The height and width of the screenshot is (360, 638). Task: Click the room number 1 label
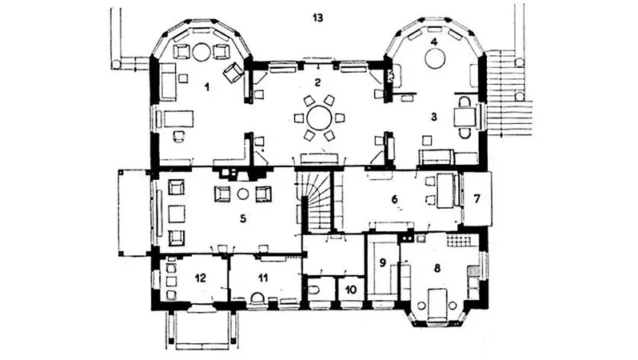(207, 86)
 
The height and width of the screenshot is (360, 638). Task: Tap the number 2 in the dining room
(317, 82)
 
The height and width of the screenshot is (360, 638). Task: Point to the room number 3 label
(434, 118)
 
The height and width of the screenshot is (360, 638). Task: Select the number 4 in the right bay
(434, 42)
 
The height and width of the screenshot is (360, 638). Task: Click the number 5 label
(243, 218)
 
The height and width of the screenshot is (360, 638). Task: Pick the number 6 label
(394, 199)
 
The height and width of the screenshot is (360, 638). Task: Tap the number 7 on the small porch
(477, 199)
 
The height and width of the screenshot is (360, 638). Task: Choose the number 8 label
(437, 268)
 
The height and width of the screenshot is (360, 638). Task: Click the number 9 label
(382, 262)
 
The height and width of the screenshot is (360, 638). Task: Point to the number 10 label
(351, 290)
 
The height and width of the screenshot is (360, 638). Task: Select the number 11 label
(263, 278)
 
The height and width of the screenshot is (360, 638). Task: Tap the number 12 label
(201, 278)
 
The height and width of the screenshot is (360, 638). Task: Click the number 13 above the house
(317, 18)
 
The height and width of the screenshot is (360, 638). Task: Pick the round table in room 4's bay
(435, 58)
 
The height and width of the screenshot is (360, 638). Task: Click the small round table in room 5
(243, 194)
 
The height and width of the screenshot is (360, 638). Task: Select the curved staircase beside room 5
(316, 201)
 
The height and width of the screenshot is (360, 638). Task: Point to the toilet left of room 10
(314, 290)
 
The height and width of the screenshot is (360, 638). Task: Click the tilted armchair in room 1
(233, 73)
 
